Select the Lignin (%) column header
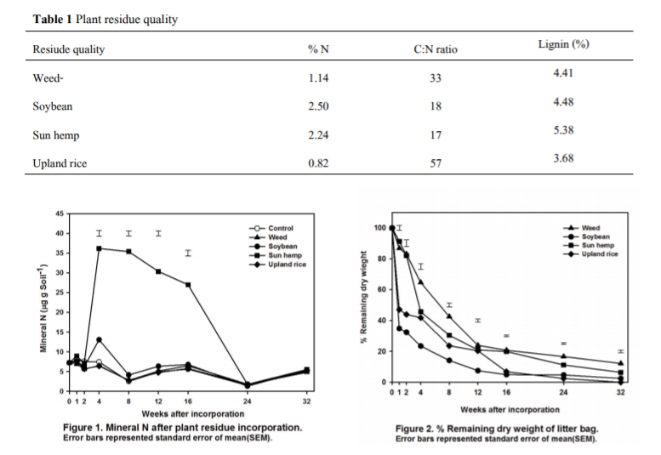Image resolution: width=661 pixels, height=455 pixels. (x=563, y=44)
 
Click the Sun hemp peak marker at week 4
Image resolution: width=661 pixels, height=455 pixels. (x=100, y=248)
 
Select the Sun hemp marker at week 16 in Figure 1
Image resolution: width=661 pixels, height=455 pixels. (x=188, y=284)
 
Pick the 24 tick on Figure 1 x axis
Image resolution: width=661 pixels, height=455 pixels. (x=247, y=400)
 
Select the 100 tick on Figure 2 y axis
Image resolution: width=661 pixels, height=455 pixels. (x=379, y=228)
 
